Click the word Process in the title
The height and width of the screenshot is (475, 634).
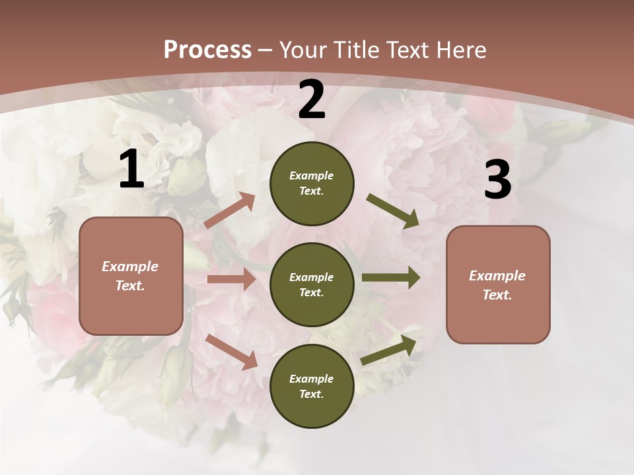point(207,50)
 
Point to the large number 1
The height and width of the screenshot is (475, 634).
point(131,170)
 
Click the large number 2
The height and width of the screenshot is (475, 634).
point(312,100)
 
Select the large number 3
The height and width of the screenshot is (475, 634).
point(497,180)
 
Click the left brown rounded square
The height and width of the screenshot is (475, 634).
point(131,276)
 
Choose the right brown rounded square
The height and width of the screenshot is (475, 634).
point(498,284)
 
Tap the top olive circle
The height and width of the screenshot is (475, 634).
point(312,183)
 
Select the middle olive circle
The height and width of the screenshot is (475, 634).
point(312,284)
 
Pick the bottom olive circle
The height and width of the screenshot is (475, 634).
point(312,386)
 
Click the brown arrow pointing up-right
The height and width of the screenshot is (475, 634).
point(230,210)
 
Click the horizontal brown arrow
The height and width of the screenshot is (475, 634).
point(231,279)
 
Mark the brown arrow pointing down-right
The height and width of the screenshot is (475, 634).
point(231,352)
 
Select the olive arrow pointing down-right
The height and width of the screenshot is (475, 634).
point(393,211)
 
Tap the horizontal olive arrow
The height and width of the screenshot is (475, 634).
point(391,277)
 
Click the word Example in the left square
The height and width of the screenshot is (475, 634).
point(130,267)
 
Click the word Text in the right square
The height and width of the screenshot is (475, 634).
point(497,295)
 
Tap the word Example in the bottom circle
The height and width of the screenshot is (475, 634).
point(312,379)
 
